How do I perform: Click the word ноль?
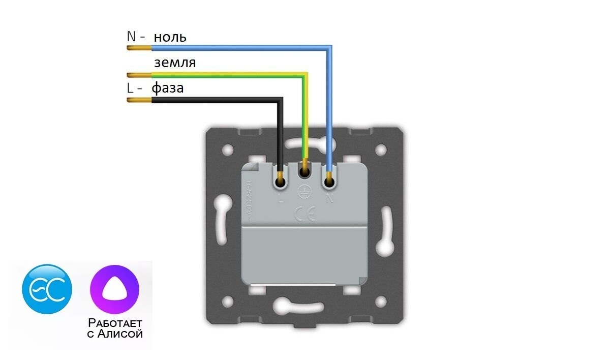tap(170, 37)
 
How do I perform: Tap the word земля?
tap(175, 63)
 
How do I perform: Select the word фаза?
tap(168, 88)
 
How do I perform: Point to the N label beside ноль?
tap(132, 37)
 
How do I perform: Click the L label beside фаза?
tap(130, 88)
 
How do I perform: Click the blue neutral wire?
tap(239, 48)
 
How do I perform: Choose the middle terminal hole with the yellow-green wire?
tap(305, 174)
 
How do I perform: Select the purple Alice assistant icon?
tap(114, 290)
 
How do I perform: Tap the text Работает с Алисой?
tap(115, 328)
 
